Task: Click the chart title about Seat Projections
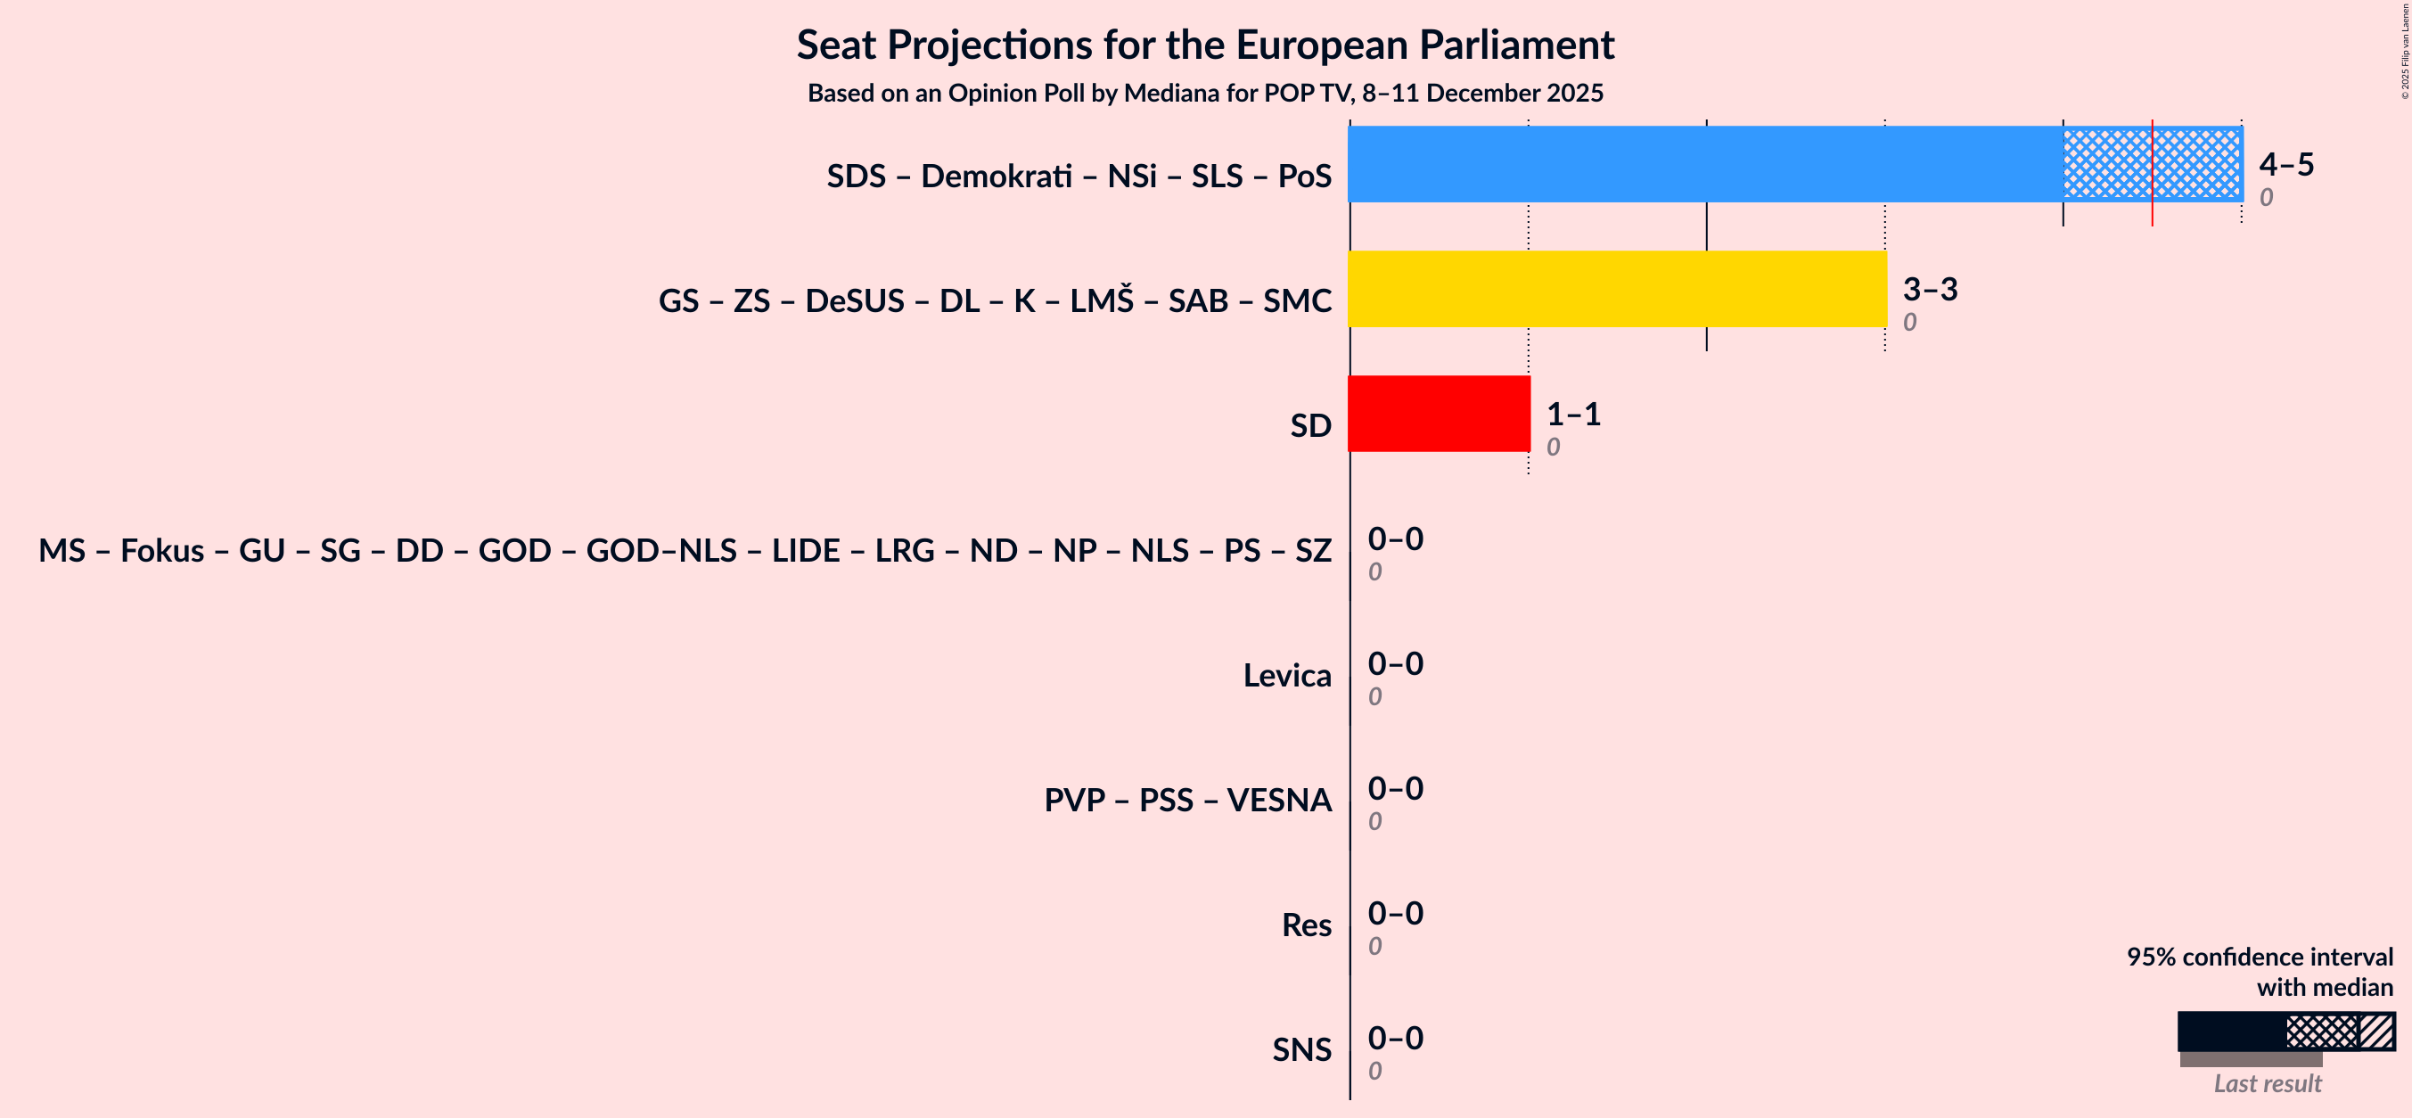(x=1205, y=45)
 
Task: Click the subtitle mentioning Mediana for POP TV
(x=1205, y=93)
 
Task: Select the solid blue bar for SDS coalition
(x=1704, y=164)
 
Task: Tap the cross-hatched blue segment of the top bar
(x=2107, y=164)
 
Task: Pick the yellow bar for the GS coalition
(x=1617, y=288)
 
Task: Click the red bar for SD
(x=1439, y=414)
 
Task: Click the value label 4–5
(x=2285, y=164)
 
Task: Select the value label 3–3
(x=1930, y=288)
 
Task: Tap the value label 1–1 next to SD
(x=1573, y=414)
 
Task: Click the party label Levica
(x=1286, y=675)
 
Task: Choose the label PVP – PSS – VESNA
(x=1187, y=800)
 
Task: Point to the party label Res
(x=1306, y=925)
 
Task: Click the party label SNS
(x=1300, y=1049)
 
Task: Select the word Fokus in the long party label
(x=162, y=551)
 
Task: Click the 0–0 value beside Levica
(x=1395, y=664)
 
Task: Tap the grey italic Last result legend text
(x=2267, y=1083)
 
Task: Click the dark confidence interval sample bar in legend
(x=2230, y=1031)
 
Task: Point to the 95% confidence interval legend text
(x=2259, y=956)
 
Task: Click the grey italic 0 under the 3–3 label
(x=1909, y=322)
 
